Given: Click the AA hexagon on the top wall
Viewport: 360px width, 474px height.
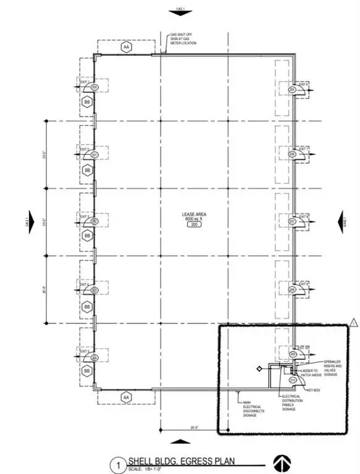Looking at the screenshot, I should coord(126,46).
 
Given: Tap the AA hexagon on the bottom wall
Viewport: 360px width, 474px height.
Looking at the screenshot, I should coord(126,396).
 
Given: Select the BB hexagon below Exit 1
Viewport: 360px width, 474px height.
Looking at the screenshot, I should coord(88,102).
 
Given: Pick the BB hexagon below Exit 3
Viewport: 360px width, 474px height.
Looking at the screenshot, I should coord(88,236).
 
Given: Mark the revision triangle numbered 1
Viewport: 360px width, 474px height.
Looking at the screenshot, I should coord(354,322).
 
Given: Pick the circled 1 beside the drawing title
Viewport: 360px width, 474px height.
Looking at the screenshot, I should coord(117,462).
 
